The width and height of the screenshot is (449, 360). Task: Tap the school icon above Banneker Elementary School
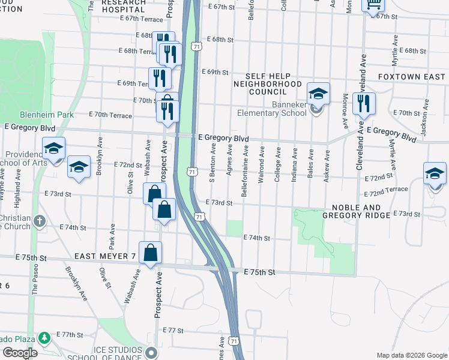[x=318, y=94]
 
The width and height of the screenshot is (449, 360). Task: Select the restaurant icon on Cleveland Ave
[x=364, y=104]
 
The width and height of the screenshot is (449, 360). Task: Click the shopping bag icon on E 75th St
[x=150, y=253]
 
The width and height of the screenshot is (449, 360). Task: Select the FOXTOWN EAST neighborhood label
[x=411, y=77]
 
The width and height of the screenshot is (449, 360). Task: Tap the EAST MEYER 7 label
[x=104, y=256]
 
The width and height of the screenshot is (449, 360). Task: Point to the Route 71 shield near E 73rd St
[x=199, y=215]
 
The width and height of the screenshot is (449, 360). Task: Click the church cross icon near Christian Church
[x=40, y=221]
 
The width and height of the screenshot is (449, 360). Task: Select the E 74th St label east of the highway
[x=257, y=238]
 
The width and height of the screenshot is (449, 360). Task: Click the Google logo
[x=20, y=353]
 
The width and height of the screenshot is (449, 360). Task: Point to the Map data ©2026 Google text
[x=411, y=355]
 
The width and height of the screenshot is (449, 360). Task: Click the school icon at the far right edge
[x=435, y=174]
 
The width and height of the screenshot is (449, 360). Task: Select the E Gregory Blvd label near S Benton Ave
[x=223, y=139]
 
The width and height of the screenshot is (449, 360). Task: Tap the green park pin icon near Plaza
[x=43, y=338]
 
